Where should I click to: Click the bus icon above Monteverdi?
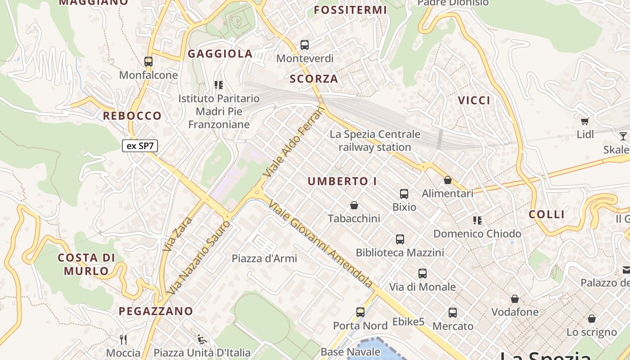pos(305,45)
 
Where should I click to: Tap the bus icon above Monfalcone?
pos(148,62)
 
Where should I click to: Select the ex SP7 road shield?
pos(140,146)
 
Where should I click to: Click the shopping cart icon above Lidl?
pos(585,121)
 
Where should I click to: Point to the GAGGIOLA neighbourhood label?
pos(220,54)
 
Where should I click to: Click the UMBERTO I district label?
pos(342,181)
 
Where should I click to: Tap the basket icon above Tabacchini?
pos(354,206)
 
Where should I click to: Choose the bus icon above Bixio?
pos(404,194)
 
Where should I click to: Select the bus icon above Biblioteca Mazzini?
pos(400,239)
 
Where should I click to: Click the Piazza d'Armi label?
pos(264,258)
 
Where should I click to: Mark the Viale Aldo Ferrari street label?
pos(294,143)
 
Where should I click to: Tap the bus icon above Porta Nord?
pos(360,312)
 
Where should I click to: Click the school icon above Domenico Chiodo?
pos(477,220)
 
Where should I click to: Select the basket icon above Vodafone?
pos(515,299)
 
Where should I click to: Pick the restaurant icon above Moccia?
pos(123,339)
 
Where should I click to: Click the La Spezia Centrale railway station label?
pos(375,140)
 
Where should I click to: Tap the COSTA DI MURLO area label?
pos(86,264)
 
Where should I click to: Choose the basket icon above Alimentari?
pos(448,180)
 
